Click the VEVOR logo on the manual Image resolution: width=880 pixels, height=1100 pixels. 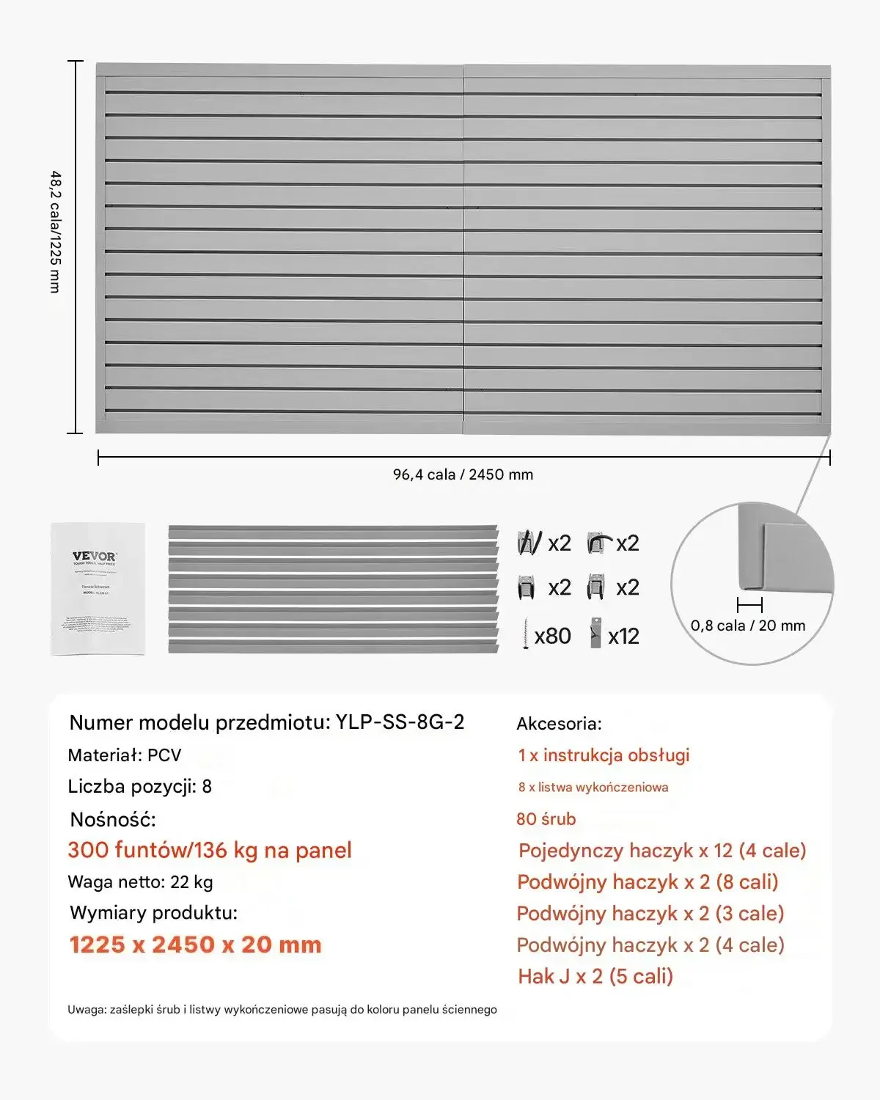[95, 556]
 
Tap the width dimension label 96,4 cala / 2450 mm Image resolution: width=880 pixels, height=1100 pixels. [463, 474]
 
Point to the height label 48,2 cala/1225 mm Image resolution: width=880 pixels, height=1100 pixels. [55, 232]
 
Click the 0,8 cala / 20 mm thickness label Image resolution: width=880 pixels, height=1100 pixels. [748, 626]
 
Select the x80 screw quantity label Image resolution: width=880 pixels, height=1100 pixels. [553, 636]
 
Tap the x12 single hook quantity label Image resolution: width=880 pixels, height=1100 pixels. [623, 637]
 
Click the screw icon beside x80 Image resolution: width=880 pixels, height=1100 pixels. [526, 634]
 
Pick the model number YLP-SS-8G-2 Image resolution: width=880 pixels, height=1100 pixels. [400, 722]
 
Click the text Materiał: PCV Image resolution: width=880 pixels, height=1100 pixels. [124, 755]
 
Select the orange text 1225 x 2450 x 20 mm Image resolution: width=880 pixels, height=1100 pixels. [195, 945]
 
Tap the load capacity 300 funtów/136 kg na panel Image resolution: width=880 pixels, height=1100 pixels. [210, 851]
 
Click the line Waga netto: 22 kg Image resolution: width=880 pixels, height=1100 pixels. [140, 882]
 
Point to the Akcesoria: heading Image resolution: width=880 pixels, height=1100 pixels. [559, 724]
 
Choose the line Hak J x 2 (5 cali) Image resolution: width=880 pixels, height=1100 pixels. [595, 977]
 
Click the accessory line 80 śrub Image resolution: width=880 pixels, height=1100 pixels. [546, 819]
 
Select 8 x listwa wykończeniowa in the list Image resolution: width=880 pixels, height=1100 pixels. [593, 788]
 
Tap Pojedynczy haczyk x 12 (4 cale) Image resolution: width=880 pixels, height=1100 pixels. [661, 851]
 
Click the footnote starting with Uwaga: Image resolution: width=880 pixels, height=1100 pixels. [282, 1010]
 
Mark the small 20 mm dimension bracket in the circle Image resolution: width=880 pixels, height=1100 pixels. [749, 605]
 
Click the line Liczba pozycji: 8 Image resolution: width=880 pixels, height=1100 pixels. [139, 787]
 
